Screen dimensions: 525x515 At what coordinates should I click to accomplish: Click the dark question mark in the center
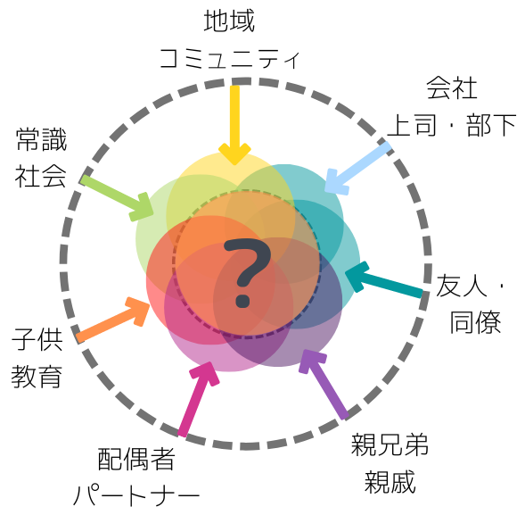[x=247, y=272]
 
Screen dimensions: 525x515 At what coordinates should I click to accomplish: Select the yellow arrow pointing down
[x=234, y=125]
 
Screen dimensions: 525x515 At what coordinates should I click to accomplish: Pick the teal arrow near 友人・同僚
[x=384, y=278]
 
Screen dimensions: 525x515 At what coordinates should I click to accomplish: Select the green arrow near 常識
[x=117, y=198]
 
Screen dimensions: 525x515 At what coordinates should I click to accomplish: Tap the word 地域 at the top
[x=229, y=21]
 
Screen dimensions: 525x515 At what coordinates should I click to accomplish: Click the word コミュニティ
[x=229, y=59]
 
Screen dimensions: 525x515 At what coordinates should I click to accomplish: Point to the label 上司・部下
[x=451, y=125]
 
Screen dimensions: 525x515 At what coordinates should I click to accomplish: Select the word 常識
[x=41, y=139]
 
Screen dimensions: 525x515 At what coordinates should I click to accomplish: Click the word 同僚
[x=475, y=322]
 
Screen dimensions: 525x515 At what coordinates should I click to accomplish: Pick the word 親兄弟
[x=390, y=444]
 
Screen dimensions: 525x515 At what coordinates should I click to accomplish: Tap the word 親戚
[x=390, y=482]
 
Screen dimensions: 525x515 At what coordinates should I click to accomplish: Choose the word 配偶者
[x=136, y=459]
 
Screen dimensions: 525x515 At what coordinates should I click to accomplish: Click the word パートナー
[x=136, y=495]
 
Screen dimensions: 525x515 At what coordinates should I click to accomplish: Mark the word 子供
[x=37, y=339]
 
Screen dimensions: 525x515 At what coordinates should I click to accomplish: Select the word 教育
[x=37, y=376]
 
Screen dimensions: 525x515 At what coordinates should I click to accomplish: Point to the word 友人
[x=462, y=285]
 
